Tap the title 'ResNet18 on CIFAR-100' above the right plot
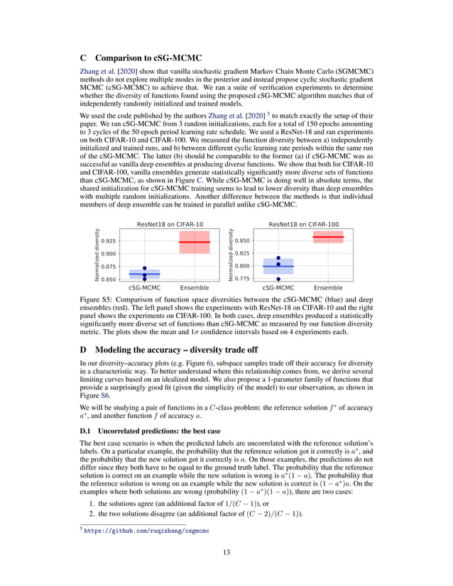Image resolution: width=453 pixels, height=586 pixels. [303, 225]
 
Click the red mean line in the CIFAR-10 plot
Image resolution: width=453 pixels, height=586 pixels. [194, 243]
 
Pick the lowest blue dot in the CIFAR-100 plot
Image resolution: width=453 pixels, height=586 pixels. [278, 279]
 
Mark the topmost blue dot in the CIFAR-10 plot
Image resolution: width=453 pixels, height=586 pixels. [144, 268]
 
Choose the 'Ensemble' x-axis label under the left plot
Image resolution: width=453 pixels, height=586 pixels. [194, 289]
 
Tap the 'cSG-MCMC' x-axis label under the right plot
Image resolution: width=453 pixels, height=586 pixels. [278, 289]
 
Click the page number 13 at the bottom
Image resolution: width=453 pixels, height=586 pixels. [226, 553]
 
